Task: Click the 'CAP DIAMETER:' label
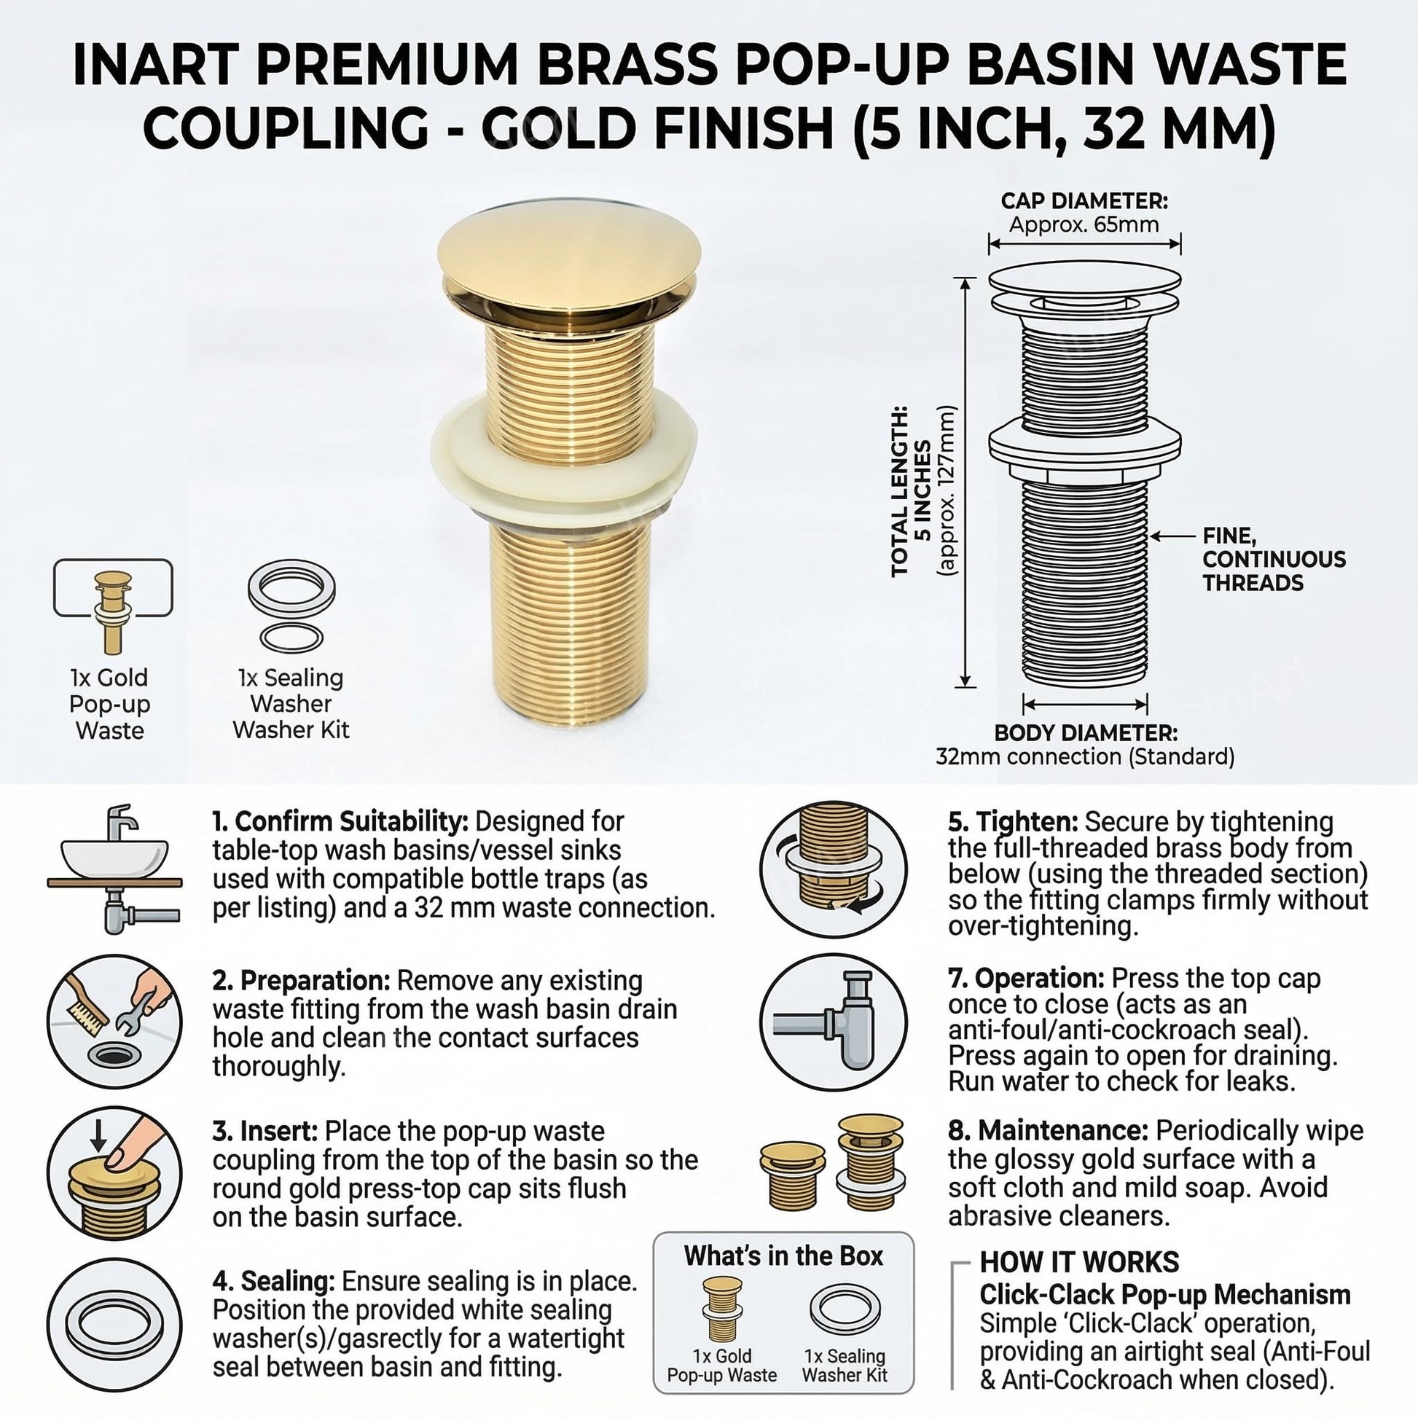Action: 1084,200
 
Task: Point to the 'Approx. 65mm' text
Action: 1084,224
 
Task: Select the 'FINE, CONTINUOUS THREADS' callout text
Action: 1274,560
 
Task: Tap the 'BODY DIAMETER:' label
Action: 1086,732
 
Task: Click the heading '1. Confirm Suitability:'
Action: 340,820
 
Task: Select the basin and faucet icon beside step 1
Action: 114,869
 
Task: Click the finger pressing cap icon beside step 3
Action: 114,1174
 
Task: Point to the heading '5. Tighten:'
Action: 1012,821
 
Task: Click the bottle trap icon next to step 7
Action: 833,1022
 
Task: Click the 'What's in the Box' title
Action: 783,1256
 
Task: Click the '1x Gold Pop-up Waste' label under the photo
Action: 109,703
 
